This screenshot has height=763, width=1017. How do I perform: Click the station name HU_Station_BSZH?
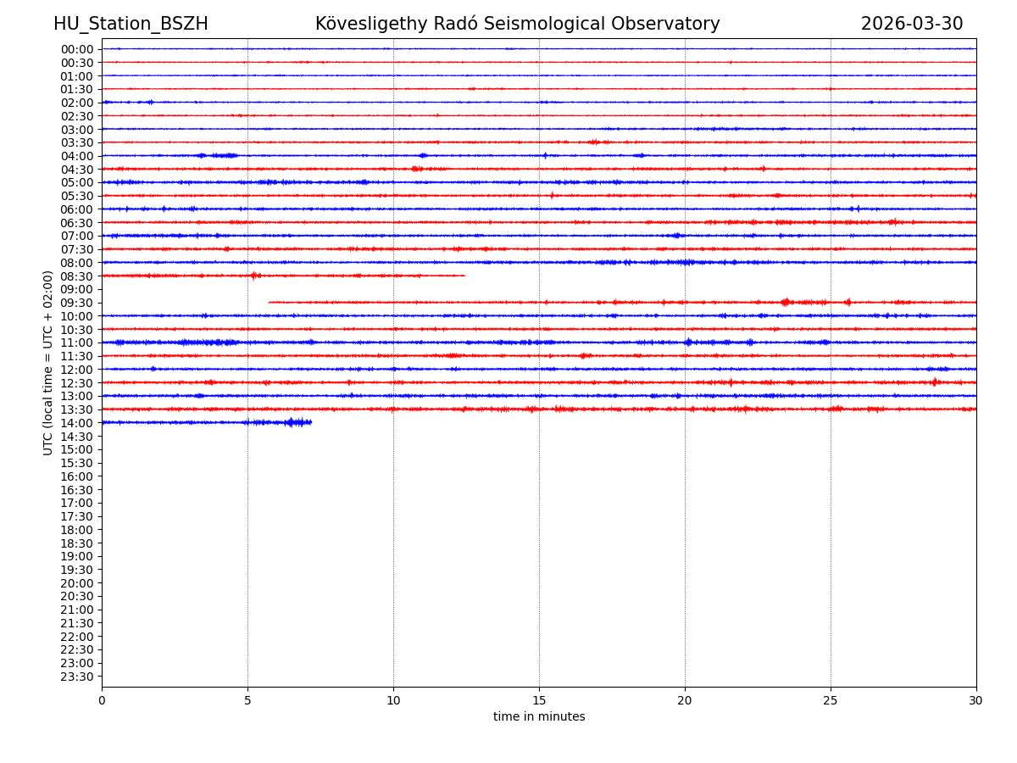click(131, 25)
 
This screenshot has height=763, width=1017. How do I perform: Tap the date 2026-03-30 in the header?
click(912, 25)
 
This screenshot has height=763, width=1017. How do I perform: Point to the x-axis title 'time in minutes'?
click(539, 717)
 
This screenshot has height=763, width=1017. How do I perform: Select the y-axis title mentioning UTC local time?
click(48, 363)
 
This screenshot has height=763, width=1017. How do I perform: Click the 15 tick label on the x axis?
click(539, 701)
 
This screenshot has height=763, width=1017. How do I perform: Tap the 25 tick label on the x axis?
click(831, 701)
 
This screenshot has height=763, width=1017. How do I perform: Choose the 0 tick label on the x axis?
click(102, 701)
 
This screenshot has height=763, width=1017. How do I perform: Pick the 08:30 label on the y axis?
click(77, 276)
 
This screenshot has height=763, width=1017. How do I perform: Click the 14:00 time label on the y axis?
click(77, 423)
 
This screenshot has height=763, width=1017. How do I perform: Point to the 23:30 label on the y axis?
click(77, 677)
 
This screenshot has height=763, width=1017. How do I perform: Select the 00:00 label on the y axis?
click(77, 49)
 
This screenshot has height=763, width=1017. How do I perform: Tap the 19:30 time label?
click(77, 570)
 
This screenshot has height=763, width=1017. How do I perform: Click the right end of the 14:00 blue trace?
click(311, 422)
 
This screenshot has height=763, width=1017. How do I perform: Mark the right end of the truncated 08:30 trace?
click(464, 276)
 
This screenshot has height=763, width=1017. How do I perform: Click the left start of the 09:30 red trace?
click(270, 302)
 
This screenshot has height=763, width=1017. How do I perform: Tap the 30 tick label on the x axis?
click(976, 701)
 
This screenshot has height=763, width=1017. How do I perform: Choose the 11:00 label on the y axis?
click(77, 343)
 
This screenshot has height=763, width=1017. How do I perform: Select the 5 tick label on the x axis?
click(247, 701)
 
